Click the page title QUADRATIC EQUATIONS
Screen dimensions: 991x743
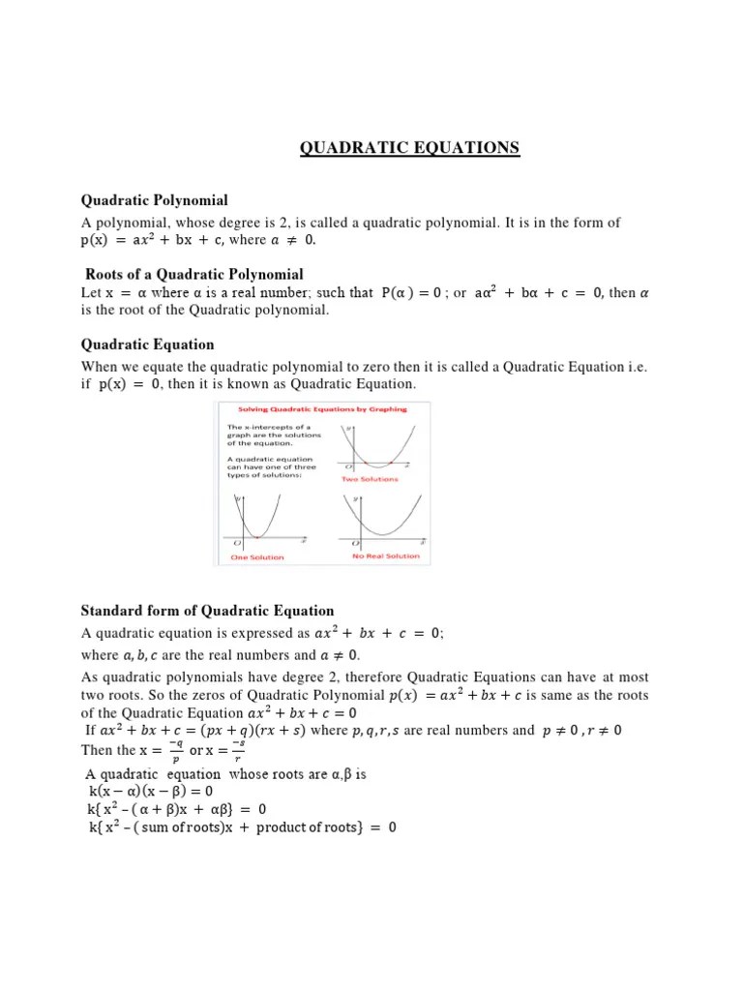409,148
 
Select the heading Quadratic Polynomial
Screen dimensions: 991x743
155,200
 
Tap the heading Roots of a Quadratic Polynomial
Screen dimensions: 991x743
194,275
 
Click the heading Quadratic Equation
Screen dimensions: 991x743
147,345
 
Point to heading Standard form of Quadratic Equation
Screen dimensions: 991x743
207,611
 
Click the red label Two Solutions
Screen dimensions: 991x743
370,478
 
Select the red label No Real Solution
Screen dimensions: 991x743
386,556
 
